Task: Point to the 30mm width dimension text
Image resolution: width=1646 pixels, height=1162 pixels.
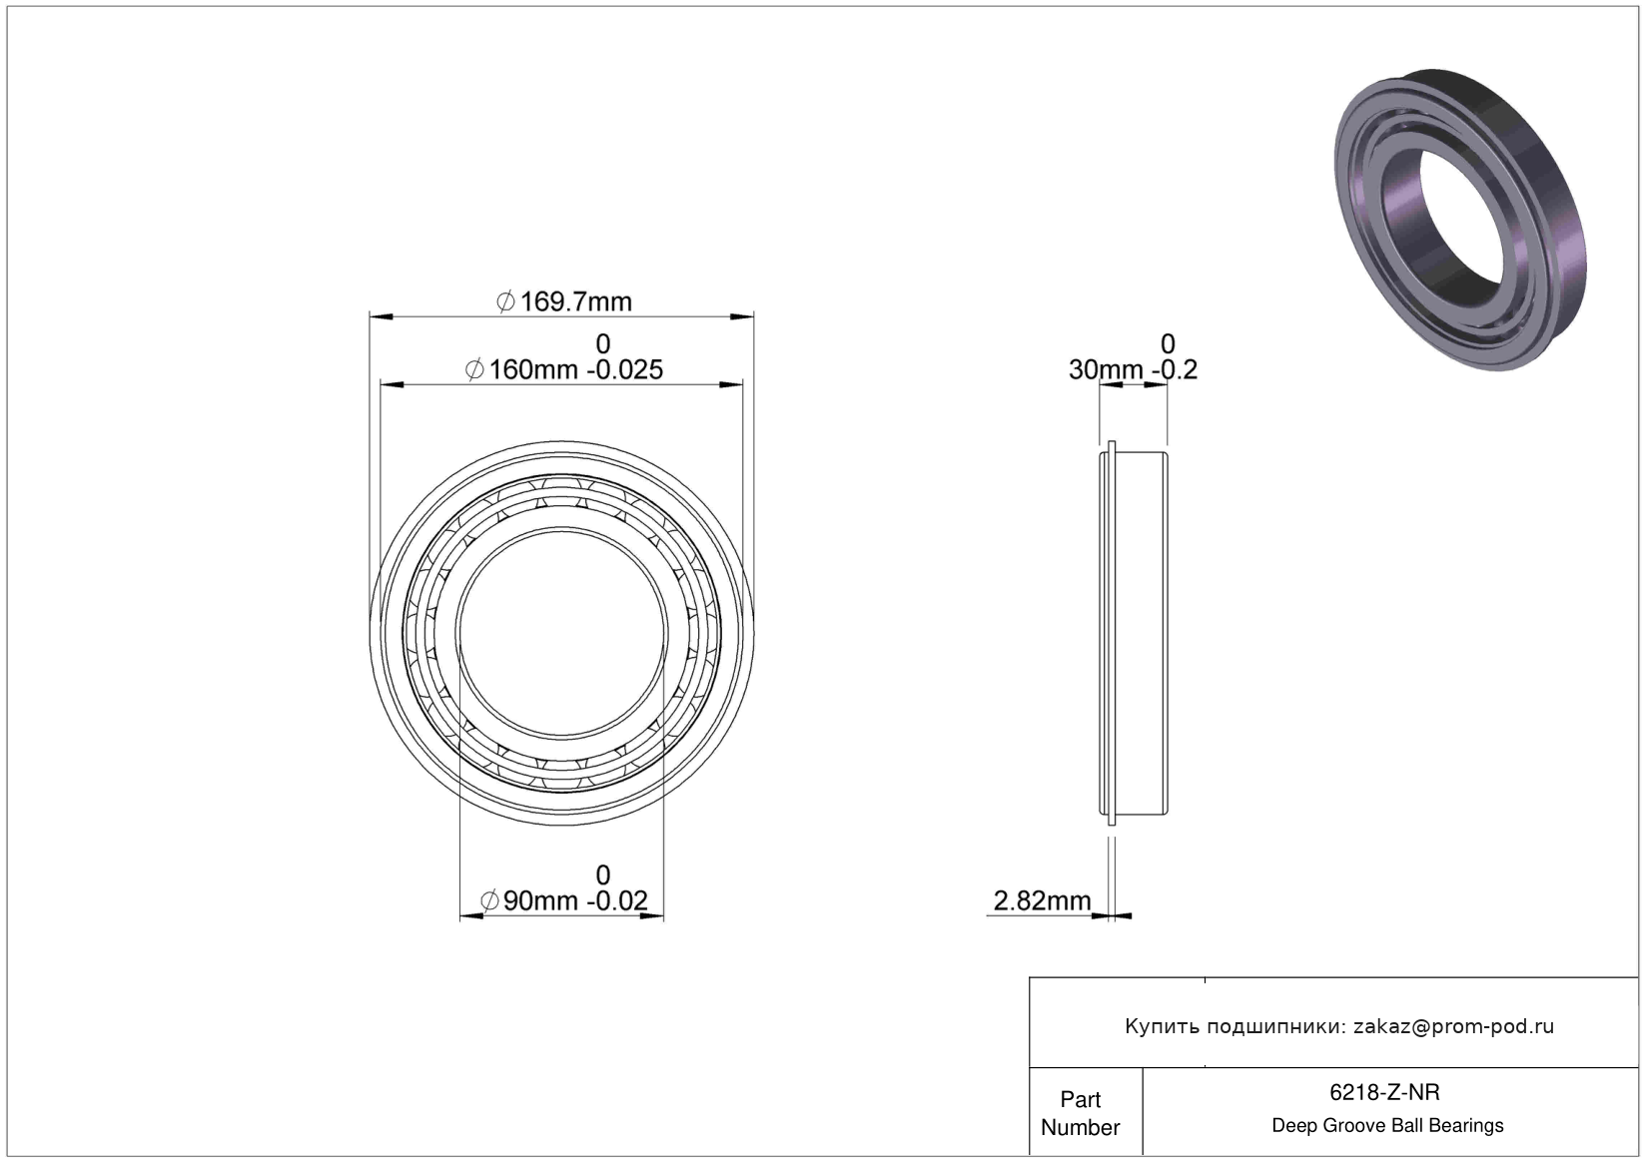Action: click(x=1106, y=369)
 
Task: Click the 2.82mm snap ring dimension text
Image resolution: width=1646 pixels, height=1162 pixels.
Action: click(x=1042, y=900)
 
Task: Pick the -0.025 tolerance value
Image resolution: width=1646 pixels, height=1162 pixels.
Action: click(x=625, y=369)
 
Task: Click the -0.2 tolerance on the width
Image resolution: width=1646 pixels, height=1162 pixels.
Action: click(x=1175, y=369)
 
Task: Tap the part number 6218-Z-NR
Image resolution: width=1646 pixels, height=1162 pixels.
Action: click(x=1385, y=1092)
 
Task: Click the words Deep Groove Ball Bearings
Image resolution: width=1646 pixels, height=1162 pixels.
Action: click(x=1387, y=1126)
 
